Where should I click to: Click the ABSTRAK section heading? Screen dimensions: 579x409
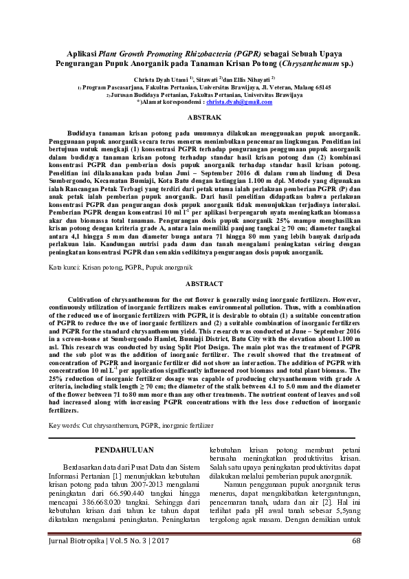coord(203,118)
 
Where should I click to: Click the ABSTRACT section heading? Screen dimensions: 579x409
coord(203,284)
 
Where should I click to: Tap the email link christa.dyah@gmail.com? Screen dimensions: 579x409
coord(234,102)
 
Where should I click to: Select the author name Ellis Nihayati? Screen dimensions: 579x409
coord(250,80)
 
